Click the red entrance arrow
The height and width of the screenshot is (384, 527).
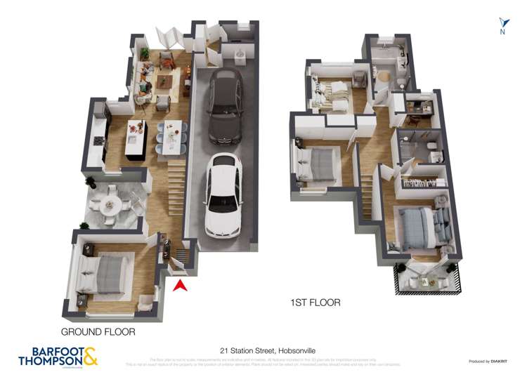click(x=180, y=285)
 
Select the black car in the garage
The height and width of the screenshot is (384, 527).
click(x=225, y=105)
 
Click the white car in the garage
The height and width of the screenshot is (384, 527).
click(x=223, y=195)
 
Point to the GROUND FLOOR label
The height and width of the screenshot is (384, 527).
click(x=98, y=331)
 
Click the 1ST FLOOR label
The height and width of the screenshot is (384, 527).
click(x=315, y=303)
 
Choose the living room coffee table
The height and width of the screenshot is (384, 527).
click(x=163, y=82)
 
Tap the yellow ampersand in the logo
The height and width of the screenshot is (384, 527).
click(x=90, y=356)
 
